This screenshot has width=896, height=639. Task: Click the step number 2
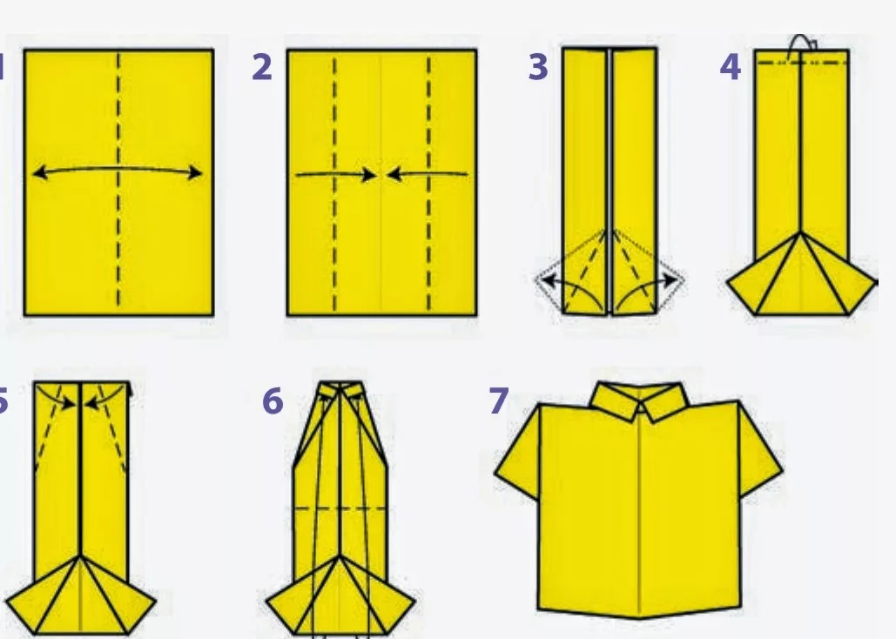[262, 67]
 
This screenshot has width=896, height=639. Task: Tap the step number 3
[538, 67]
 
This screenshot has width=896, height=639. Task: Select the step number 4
[731, 67]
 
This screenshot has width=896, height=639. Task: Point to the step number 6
[273, 400]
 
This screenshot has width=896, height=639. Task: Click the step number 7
[499, 400]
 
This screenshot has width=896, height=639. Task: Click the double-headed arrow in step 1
[118, 169]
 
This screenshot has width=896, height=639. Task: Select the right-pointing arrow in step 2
[336, 174]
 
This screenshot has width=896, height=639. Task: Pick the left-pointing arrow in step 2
[428, 173]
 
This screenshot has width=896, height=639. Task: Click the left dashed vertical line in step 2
[335, 183]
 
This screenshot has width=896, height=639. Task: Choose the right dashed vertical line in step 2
[429, 183]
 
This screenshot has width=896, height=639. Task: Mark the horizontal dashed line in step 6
[340, 508]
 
